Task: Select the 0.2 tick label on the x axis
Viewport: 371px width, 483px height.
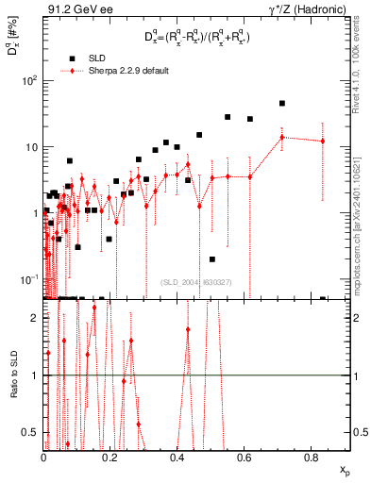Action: coord(110,458)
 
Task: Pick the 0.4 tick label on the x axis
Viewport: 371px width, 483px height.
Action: coord(177,458)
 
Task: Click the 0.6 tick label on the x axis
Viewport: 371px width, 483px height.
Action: coord(245,458)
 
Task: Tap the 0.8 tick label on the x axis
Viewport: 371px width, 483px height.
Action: coord(312,458)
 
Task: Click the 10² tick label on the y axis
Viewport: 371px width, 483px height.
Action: coord(28,80)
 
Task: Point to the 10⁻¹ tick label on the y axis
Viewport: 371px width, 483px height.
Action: coord(28,280)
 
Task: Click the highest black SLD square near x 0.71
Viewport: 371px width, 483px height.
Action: coord(281,104)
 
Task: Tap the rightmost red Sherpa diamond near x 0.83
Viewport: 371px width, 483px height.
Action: coord(323,142)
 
